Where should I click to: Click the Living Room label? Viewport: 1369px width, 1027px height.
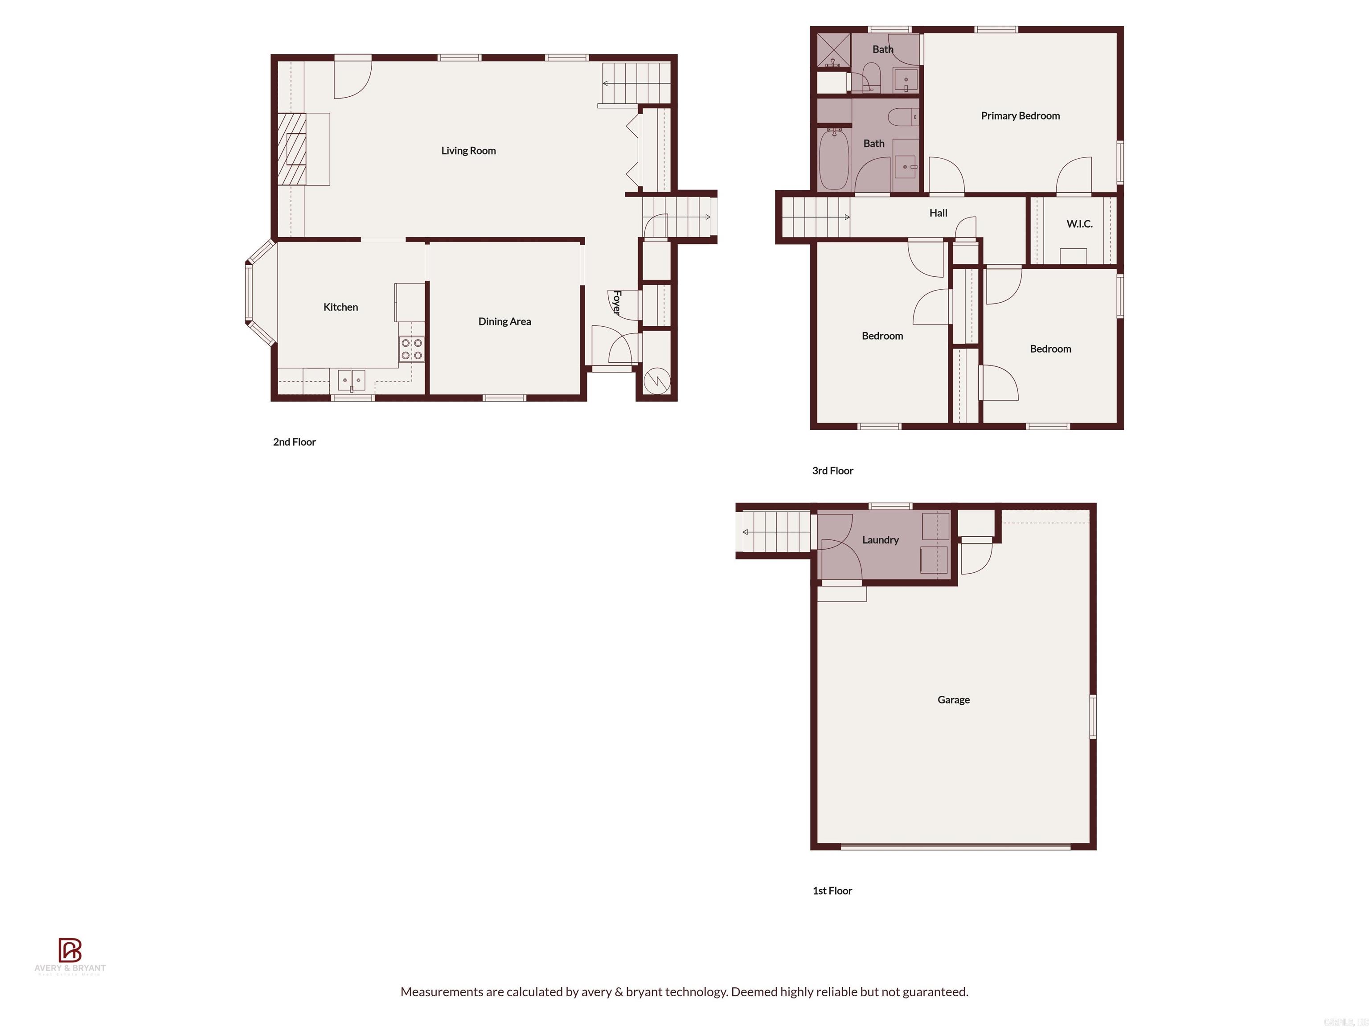coord(468,150)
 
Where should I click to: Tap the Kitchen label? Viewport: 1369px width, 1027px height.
coord(340,307)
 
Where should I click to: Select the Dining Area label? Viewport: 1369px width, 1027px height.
coord(504,321)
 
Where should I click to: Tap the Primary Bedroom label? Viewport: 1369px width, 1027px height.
coord(1020,116)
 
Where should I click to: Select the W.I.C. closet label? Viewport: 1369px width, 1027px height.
coord(1079,224)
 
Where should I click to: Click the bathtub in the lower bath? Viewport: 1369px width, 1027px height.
coord(833,159)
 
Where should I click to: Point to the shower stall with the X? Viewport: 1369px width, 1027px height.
coord(833,50)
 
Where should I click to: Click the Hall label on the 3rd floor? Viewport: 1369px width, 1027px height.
coord(938,213)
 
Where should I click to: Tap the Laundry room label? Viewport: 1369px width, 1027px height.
coord(880,540)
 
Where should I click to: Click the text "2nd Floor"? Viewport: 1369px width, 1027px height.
coord(295,442)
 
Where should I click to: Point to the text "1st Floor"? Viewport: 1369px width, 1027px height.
coord(832,890)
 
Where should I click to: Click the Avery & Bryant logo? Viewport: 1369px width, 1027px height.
coord(70,957)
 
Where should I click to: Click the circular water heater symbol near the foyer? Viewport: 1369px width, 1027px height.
coord(656,380)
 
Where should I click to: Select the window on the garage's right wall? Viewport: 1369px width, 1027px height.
coord(1093,716)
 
